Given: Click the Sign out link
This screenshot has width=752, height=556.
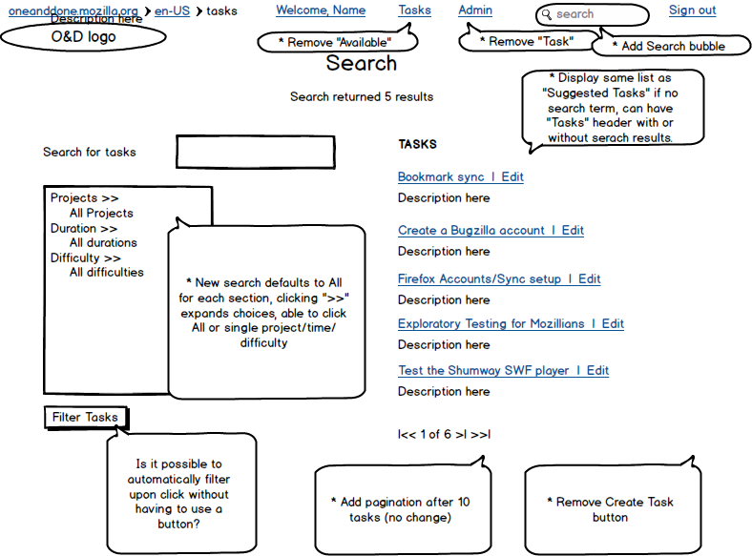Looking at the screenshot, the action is coord(692,10).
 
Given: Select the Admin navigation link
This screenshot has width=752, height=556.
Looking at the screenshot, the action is coord(475,10).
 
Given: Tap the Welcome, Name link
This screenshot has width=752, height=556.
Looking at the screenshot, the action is coord(321,10).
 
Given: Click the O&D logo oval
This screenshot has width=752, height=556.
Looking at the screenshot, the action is coord(83,37).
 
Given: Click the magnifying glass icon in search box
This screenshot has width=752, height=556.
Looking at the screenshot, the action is coord(546,15).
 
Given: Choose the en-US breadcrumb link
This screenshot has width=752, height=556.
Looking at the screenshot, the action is coord(172,11).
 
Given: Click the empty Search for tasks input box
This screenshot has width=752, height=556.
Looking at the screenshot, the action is coord(256,152).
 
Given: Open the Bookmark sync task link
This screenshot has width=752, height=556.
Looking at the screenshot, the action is coord(441,176).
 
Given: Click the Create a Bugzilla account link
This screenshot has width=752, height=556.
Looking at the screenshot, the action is coord(471,230).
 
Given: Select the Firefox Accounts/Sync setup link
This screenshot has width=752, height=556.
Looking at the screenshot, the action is coord(479,279).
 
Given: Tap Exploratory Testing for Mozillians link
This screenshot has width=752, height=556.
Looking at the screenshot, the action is coord(491,324).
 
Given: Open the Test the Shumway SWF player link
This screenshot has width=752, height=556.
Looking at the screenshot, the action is coord(484,370).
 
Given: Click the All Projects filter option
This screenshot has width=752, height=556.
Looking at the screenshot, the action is coord(101,213).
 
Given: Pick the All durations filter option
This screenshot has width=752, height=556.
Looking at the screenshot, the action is coord(103,242).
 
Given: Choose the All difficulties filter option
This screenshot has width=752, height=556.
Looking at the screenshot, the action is coord(107,272).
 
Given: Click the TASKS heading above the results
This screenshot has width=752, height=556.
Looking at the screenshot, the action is coord(417,144).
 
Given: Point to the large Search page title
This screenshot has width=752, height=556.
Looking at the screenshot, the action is coord(362,63).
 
